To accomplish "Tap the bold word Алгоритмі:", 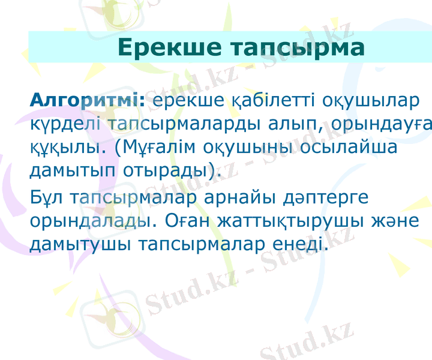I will pyautogui.click(x=87, y=100).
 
